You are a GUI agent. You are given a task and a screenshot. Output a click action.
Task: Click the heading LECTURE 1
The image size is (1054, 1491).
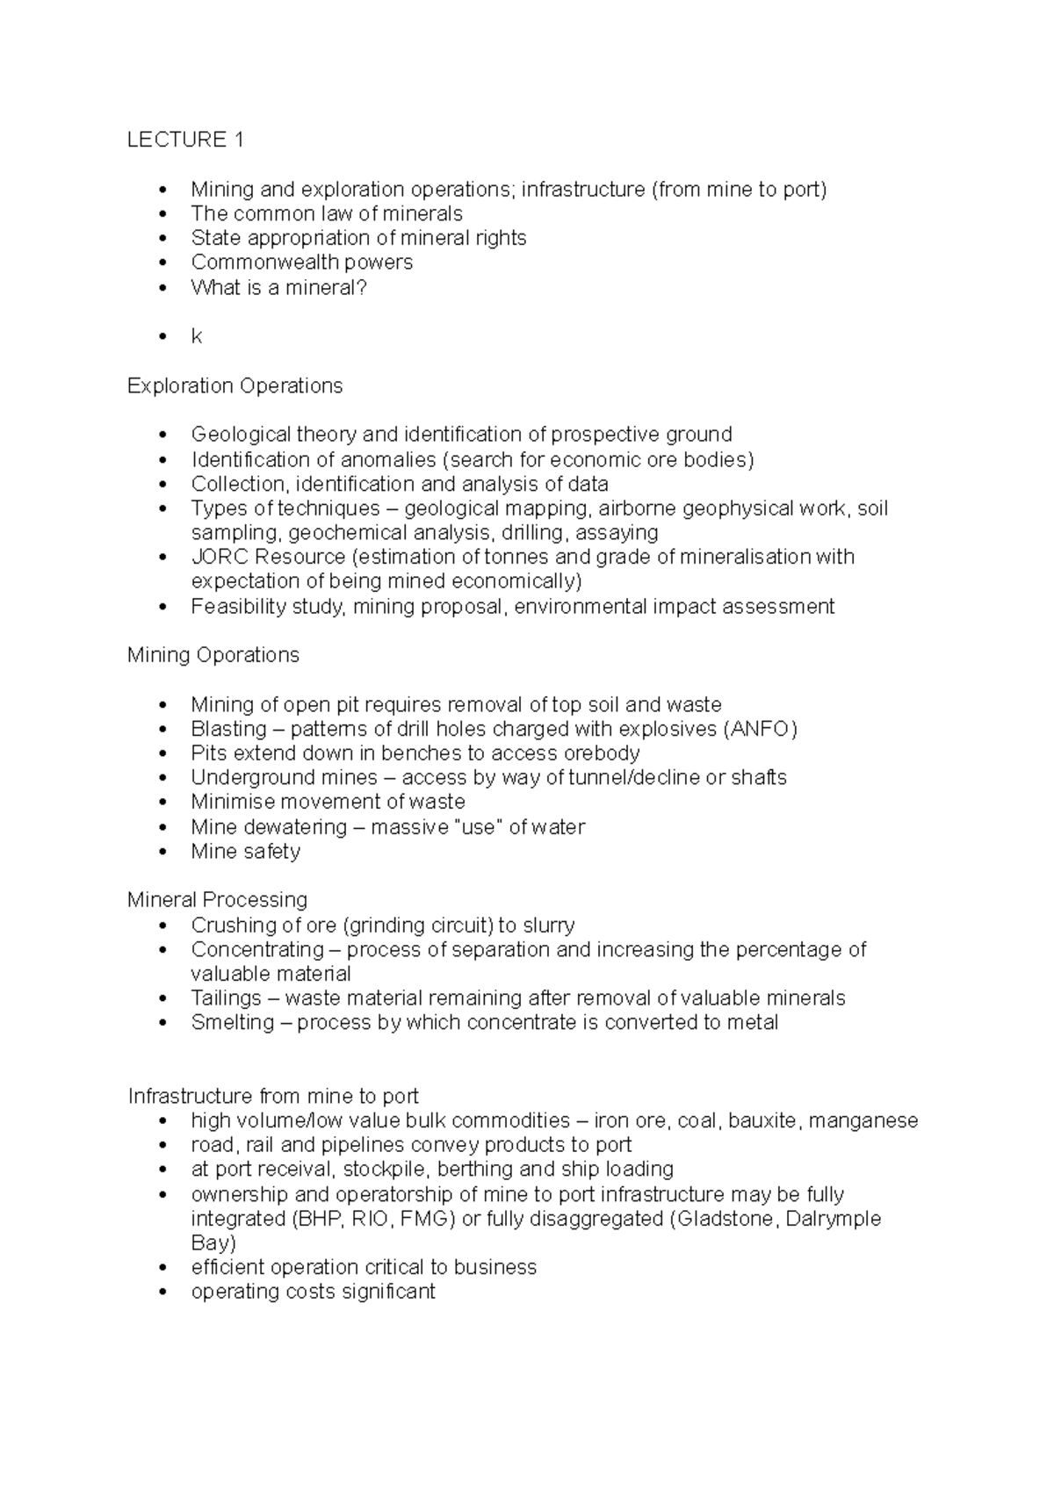185,140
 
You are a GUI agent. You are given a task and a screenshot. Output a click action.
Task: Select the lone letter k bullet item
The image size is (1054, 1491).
197,336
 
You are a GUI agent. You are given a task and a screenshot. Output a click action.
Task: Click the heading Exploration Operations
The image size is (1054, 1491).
235,385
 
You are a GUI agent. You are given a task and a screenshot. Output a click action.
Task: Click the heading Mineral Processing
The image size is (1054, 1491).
217,899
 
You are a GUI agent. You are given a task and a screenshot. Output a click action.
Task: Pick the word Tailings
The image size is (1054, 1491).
226,998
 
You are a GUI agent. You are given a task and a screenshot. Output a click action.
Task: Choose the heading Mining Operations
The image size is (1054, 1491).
213,655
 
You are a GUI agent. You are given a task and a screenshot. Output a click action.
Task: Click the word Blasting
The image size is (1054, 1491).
228,729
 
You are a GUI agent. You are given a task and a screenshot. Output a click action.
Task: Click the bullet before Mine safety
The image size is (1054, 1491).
161,852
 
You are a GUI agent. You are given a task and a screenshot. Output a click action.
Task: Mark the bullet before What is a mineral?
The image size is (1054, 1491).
161,287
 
